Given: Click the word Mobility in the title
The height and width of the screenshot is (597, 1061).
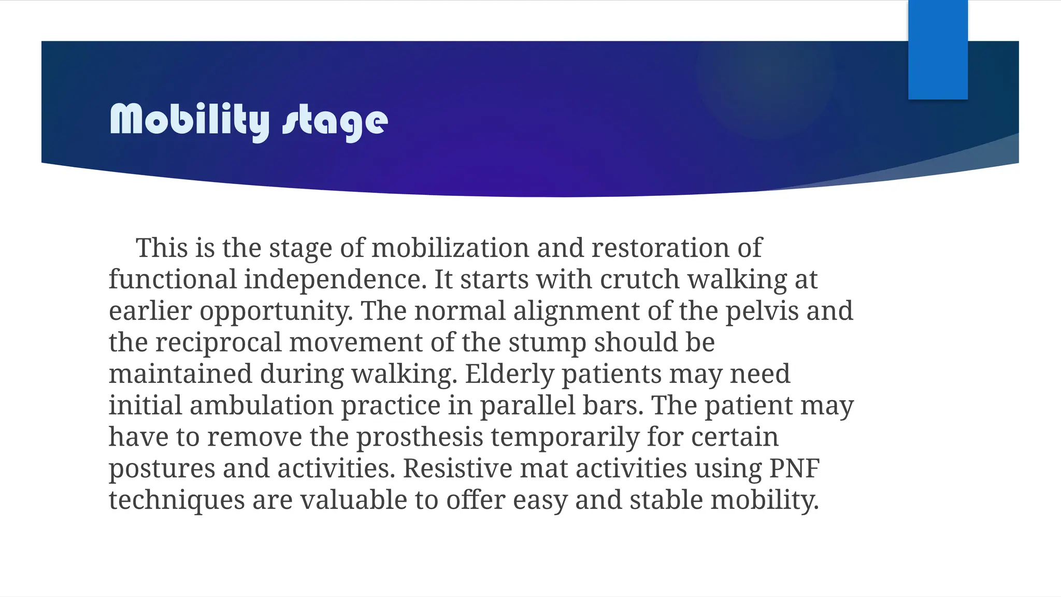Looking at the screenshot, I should (190, 120).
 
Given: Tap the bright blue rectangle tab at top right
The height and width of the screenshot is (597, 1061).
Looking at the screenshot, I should (938, 50).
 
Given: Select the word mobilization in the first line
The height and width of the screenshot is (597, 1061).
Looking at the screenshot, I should (450, 248).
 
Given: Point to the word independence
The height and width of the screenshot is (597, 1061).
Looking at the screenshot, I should (335, 280).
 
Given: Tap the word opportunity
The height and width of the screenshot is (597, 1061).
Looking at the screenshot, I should (276, 312).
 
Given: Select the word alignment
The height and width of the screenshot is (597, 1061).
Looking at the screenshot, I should (576, 311).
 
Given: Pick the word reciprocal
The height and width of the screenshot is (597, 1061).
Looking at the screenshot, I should (218, 343).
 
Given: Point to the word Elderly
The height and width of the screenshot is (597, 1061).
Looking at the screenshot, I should (509, 374).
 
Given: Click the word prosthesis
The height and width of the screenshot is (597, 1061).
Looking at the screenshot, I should (420, 437).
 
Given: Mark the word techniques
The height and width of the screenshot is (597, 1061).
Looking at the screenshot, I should (177, 501).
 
